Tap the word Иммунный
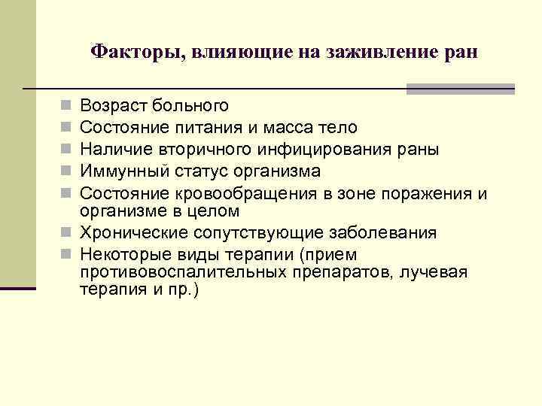120,172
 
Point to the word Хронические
126,233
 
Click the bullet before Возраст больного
66,106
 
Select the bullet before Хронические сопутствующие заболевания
66,234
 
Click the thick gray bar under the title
460,89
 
